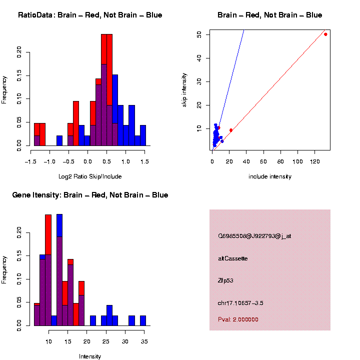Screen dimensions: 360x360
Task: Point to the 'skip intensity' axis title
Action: pos(184,89)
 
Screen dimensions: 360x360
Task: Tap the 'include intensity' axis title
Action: pos(270,176)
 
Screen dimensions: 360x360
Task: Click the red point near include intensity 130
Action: pos(325,34)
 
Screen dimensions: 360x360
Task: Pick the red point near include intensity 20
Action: pos(231,130)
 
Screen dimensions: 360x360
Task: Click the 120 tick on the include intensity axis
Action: pos(315,162)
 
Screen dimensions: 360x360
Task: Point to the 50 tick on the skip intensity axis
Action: pos(199,34)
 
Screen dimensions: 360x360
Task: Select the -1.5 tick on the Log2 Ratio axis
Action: pos(31,162)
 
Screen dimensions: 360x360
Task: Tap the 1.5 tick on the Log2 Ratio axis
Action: pos(144,162)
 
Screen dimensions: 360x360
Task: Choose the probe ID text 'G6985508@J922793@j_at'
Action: pos(254,236)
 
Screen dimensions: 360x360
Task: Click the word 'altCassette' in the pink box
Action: pos(233,258)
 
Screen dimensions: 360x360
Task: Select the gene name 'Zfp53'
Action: pos(225,280)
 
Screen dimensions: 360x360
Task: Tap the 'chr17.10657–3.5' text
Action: pos(241,303)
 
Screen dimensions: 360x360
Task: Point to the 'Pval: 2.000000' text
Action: pos(238,319)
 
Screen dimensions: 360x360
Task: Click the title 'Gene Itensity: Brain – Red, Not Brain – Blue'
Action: pos(90,194)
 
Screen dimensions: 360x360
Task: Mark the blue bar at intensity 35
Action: pos(143,321)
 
